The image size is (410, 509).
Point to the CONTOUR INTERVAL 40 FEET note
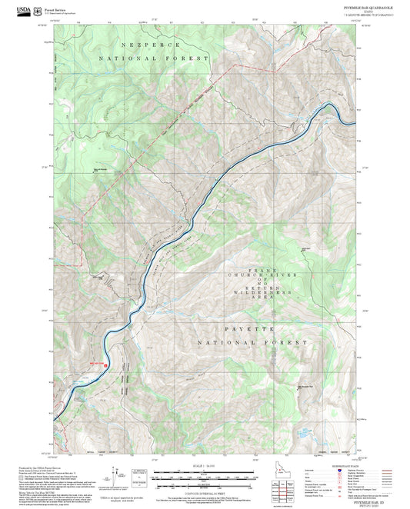click(x=205, y=492)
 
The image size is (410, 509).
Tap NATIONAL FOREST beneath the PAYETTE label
click(x=262, y=342)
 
